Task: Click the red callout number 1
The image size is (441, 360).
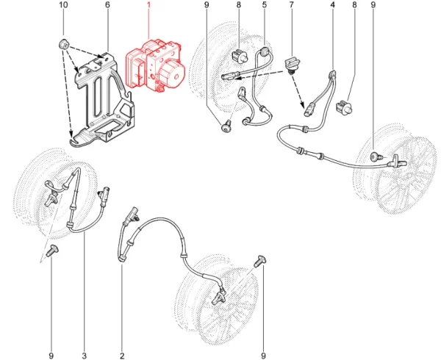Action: tap(148, 5)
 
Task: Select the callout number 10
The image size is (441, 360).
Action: tap(63, 5)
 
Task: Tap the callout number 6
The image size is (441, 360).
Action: tap(107, 5)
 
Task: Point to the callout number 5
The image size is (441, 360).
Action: tap(265, 5)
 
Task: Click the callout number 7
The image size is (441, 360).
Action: tap(291, 5)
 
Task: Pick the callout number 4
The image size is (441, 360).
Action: tap(333, 5)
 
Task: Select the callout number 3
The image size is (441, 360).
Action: tap(85, 356)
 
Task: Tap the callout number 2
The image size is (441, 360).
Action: tap(122, 356)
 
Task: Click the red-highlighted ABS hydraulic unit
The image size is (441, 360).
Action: tap(155, 66)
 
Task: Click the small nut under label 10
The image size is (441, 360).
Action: tap(64, 44)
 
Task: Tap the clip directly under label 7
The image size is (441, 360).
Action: tap(293, 64)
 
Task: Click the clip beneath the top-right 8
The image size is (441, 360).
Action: tap(345, 107)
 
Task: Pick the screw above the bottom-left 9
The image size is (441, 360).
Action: tap(52, 250)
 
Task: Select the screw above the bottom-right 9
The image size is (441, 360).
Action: tap(260, 261)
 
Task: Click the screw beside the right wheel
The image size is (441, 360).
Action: tap(376, 156)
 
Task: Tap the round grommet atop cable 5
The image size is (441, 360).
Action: tap(265, 51)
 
